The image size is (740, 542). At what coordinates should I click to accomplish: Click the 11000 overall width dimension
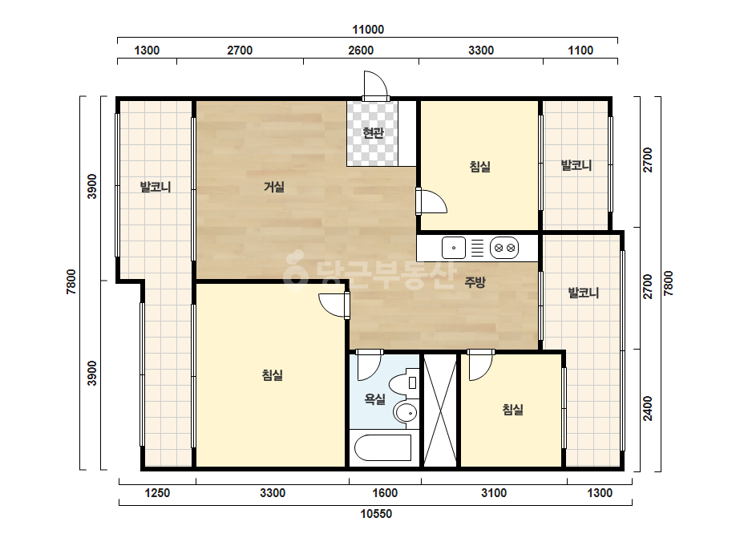(368, 30)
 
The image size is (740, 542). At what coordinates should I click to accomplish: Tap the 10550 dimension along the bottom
(376, 514)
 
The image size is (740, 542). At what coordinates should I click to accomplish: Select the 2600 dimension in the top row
(361, 50)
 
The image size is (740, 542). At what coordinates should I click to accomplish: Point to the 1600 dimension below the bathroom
(385, 493)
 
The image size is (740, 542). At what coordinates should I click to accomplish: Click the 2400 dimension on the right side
(648, 408)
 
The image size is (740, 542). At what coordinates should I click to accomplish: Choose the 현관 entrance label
(373, 133)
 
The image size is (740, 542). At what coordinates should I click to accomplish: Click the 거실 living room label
(273, 187)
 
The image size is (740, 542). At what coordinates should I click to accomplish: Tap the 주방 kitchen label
(475, 282)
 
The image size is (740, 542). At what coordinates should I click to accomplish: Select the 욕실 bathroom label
(375, 399)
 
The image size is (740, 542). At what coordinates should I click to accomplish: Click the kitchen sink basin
(454, 248)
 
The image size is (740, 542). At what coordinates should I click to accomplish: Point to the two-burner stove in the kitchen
(504, 248)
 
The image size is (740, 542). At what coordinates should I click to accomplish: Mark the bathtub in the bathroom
(382, 447)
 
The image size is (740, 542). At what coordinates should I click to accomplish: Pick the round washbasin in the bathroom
(406, 413)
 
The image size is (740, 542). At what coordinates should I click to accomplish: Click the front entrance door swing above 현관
(376, 85)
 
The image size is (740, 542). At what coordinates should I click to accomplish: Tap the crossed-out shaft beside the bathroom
(440, 410)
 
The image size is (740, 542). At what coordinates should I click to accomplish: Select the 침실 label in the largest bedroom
(273, 375)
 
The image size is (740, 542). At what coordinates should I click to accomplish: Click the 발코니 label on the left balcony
(156, 187)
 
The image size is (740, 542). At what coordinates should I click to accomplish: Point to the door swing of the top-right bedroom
(432, 201)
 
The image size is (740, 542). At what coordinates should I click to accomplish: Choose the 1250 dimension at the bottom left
(157, 493)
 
